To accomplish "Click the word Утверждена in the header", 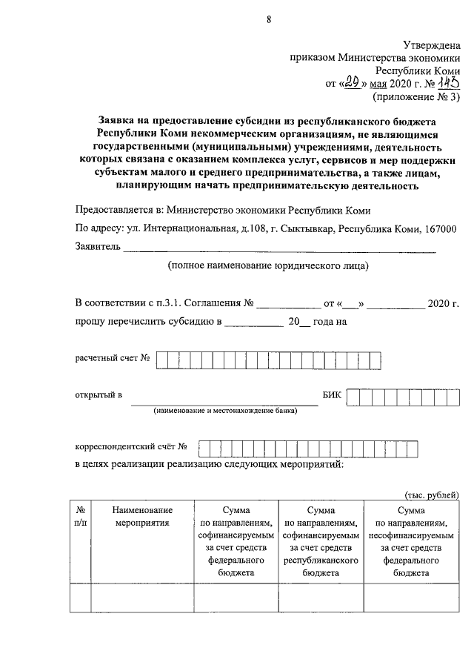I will (433, 45).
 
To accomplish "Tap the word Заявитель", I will (97, 247).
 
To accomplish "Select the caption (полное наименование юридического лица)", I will (267, 265).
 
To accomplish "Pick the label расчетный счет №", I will (113, 359).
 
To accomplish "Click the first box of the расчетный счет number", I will (161, 360).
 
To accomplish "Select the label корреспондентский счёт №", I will (130, 447).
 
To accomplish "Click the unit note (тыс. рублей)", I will (432, 495).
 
